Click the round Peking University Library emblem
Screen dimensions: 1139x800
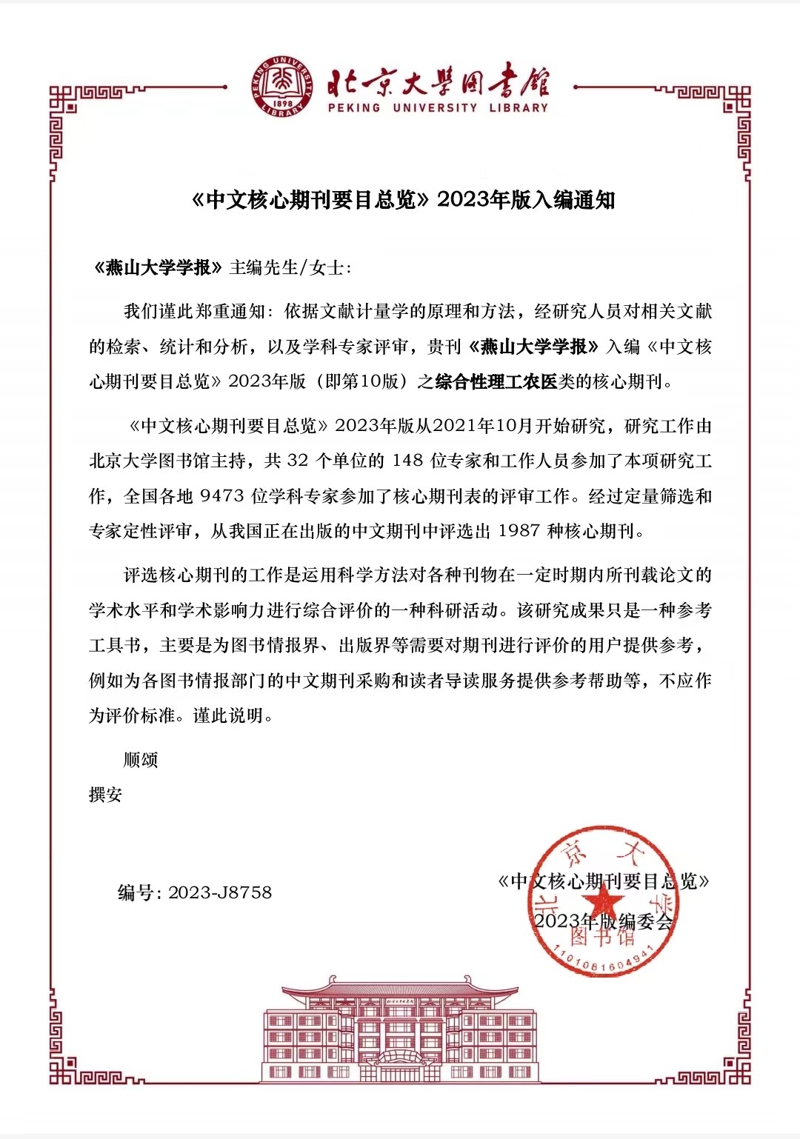pos(282,86)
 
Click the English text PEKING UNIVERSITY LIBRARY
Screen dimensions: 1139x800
pos(438,108)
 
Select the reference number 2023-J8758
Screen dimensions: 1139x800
pos(220,892)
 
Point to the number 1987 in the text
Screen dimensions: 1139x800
pos(519,531)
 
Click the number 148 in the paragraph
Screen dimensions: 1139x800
pos(407,461)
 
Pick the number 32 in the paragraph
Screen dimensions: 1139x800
pos(297,461)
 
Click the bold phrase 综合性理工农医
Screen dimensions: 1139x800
pos(496,382)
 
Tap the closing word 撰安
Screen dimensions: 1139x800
pos(105,795)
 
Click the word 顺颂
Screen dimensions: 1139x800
pos(141,760)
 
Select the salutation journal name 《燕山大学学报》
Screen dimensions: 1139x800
pos(158,267)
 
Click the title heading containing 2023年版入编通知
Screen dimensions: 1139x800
pos(404,200)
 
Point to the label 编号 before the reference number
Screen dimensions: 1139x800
pos(136,892)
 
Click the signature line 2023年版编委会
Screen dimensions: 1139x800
pos(603,921)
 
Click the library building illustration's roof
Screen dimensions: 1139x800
pos(400,989)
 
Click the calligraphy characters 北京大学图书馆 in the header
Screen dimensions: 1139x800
pos(438,81)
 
